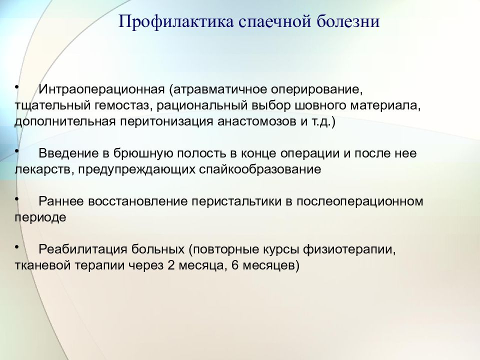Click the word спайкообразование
coord(260,169)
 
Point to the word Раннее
coord(61,201)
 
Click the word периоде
coord(40,217)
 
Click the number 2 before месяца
coord(171,265)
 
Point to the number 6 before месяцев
coord(235,265)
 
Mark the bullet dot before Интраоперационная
coord(16,87)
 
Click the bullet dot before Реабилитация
coord(16,247)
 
